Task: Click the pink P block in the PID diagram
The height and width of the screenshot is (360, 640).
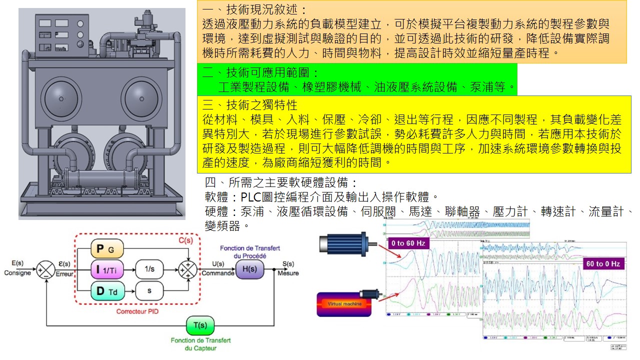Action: [107, 248]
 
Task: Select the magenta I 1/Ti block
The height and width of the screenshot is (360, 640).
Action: [107, 270]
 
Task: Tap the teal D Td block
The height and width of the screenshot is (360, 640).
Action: [107, 291]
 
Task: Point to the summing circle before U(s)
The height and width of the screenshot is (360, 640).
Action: [188, 270]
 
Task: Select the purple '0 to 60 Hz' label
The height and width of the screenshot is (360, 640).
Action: [409, 243]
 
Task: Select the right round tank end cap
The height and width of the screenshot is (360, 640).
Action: [140, 95]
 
